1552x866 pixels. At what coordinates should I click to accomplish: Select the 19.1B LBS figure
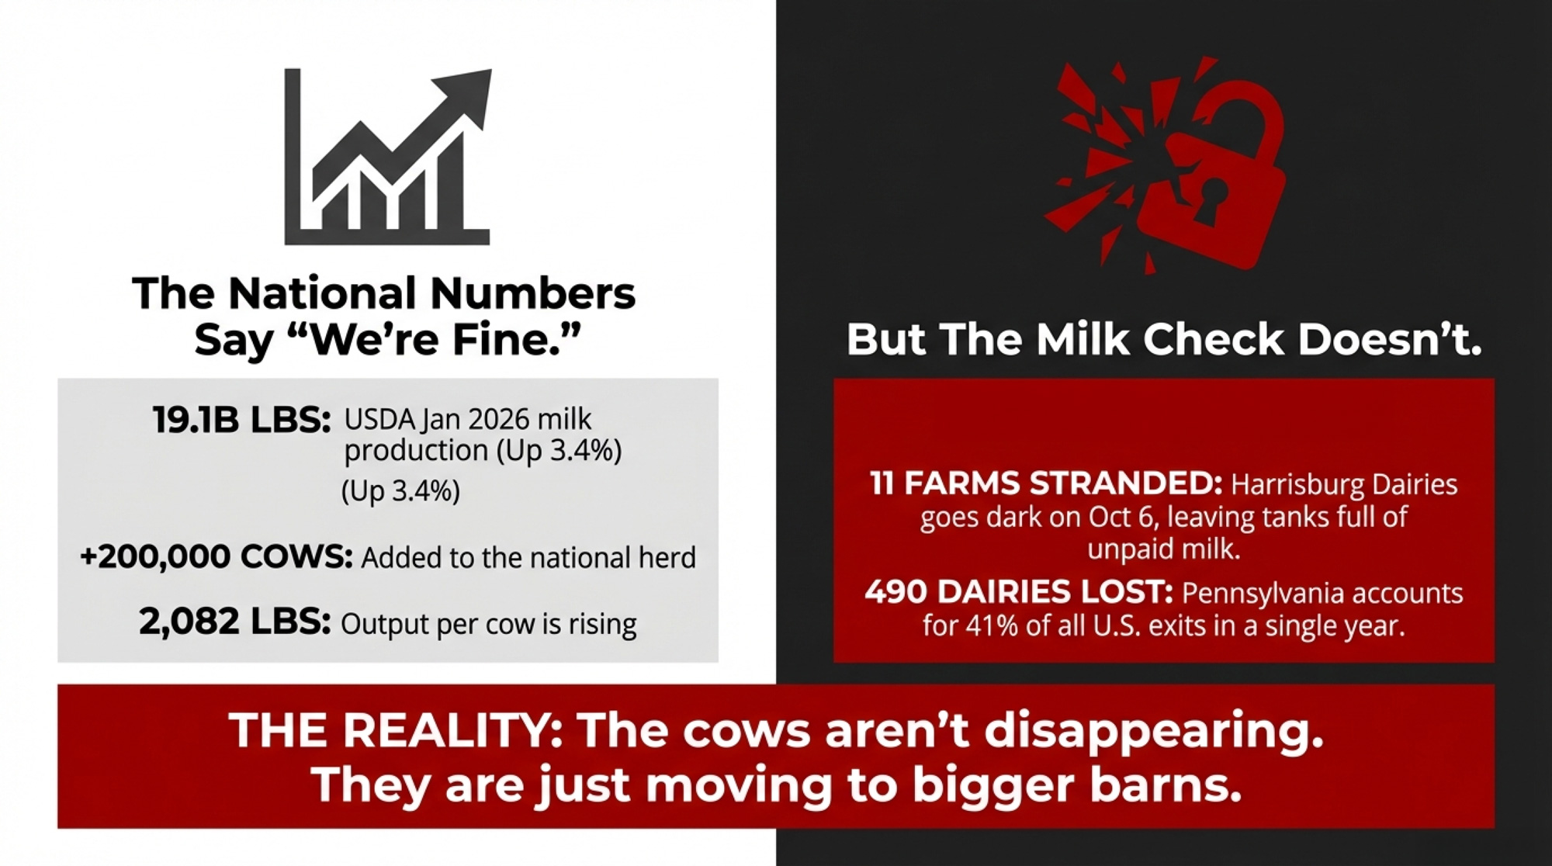coord(242,421)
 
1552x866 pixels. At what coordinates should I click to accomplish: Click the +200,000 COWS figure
coord(217,556)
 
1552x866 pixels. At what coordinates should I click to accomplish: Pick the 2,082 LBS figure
coord(235,622)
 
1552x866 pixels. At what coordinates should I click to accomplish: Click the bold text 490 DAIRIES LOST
coord(1019,592)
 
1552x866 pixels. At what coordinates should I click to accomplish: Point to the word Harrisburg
coord(1297,485)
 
